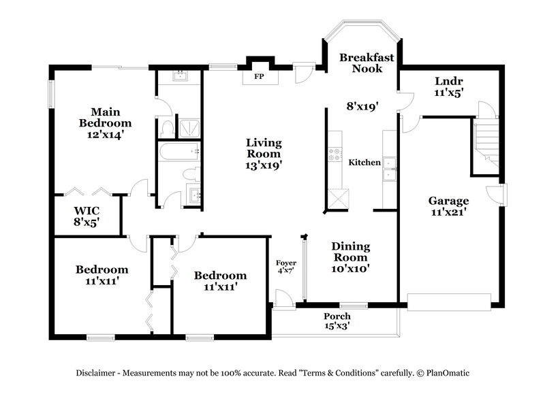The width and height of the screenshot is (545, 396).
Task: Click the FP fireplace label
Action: pyautogui.click(x=259, y=77)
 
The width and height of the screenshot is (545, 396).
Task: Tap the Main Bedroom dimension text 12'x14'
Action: pyautogui.click(x=104, y=135)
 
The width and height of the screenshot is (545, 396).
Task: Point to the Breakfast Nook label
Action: pyautogui.click(x=367, y=63)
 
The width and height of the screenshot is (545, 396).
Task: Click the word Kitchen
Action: pyautogui.click(x=364, y=163)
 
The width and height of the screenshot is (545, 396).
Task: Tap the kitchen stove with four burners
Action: pyautogui.click(x=335, y=155)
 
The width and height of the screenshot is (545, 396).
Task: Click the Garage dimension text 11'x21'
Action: pyautogui.click(x=448, y=212)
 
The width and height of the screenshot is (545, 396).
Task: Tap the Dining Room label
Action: pyautogui.click(x=350, y=252)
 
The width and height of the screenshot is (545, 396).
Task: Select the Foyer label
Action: pyautogui.click(x=285, y=263)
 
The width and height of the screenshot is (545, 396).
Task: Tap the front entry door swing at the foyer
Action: pyautogui.click(x=281, y=297)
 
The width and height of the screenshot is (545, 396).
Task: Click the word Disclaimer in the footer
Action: pyautogui.click(x=97, y=373)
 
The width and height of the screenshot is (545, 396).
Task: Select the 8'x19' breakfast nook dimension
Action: pyautogui.click(x=360, y=106)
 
